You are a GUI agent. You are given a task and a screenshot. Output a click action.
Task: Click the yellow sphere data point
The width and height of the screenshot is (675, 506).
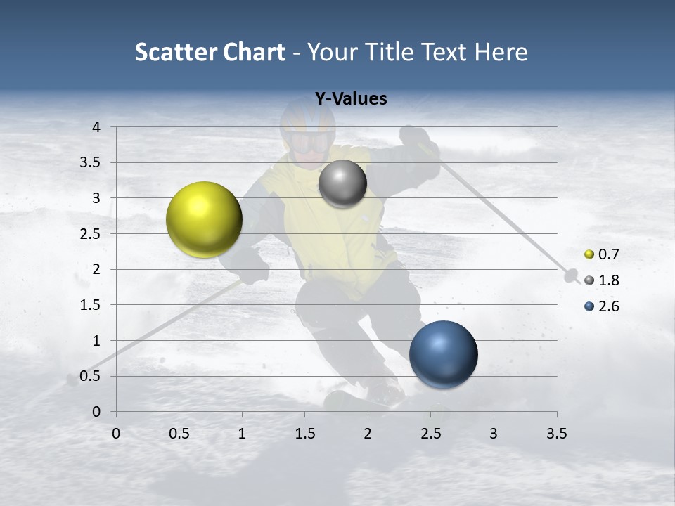coord(204,219)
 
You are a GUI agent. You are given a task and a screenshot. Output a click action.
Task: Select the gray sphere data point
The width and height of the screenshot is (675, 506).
coord(342,183)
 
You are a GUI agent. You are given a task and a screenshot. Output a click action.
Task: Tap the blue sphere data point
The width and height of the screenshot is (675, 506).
coord(443,354)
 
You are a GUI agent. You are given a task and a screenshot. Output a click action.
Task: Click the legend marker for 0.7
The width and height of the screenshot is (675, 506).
coord(589,254)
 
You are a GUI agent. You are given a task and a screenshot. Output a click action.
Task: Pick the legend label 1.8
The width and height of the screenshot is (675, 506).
coord(608,280)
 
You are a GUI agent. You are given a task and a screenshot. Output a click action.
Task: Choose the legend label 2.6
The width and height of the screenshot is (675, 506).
coord(608,306)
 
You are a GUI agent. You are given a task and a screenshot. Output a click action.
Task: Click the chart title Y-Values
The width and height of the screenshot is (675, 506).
coord(350,99)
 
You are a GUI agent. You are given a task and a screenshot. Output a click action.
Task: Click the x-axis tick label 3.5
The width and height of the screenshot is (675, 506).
coord(556,434)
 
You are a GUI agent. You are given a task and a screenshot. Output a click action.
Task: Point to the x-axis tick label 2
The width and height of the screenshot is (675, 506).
coord(368,434)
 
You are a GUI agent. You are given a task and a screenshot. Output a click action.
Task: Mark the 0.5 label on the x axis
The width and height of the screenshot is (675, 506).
coord(179,434)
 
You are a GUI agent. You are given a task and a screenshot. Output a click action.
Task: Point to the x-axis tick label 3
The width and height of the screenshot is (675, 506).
coord(494,434)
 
